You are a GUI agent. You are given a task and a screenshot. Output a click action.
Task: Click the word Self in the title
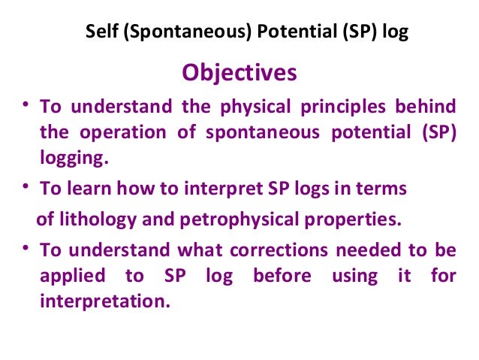point(101,34)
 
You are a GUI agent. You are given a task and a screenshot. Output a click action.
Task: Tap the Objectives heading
point(239,73)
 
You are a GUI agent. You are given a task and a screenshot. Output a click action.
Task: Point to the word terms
point(384,189)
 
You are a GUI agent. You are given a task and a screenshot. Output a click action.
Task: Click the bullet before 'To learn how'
point(26,187)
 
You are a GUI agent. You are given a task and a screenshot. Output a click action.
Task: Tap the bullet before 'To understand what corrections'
point(26,248)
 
